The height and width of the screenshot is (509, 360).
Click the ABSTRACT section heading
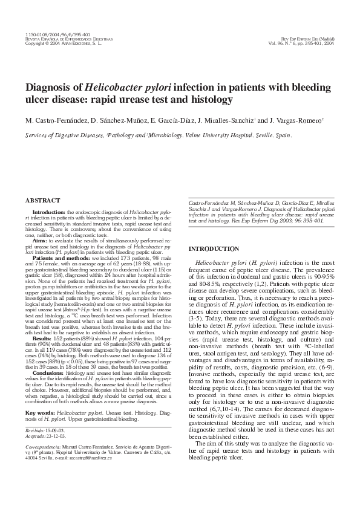pos(42,200)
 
